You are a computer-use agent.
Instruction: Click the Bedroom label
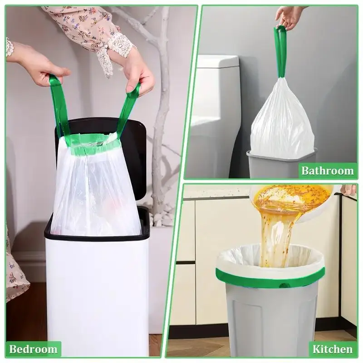click(x=33, y=349)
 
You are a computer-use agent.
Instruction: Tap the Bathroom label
click(x=328, y=171)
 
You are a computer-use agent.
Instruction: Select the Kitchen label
click(x=333, y=349)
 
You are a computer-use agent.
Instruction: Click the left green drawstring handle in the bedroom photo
click(x=59, y=104)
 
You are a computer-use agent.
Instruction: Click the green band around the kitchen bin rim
click(x=270, y=277)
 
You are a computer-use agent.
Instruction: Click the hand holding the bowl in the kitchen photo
click(x=349, y=190)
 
